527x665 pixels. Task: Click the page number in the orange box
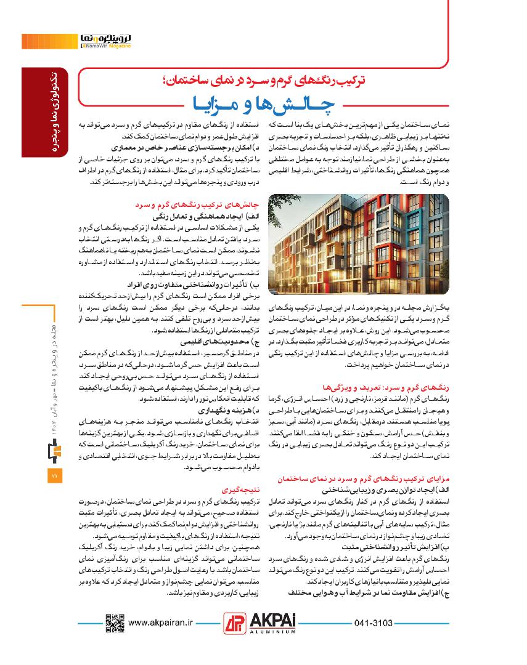click(x=53, y=476)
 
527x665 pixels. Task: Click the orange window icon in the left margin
click(x=53, y=452)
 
